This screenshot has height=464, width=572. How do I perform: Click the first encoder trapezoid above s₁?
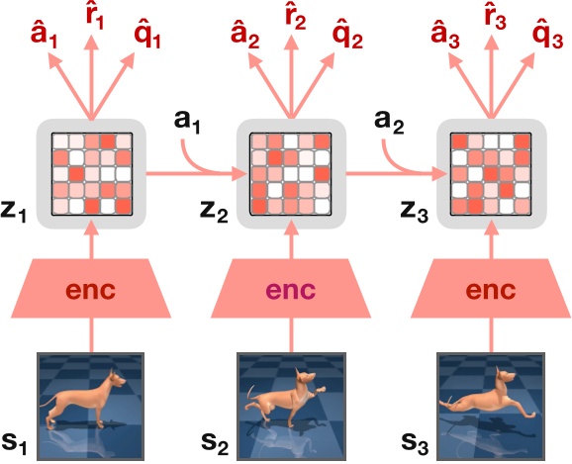91,291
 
